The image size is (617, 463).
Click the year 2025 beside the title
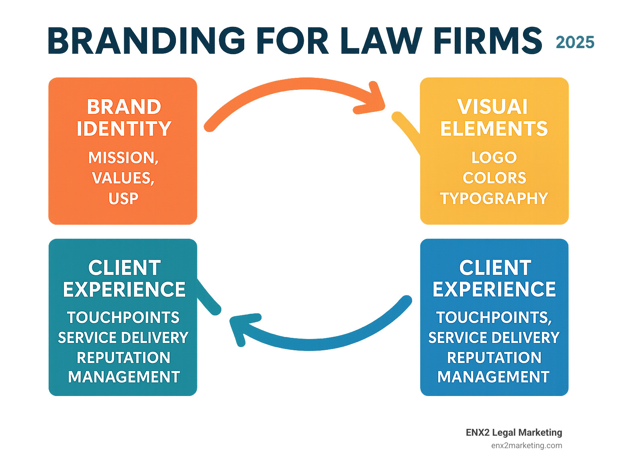click(x=575, y=43)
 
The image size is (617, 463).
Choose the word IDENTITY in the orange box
click(x=124, y=129)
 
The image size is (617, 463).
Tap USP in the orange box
click(x=123, y=199)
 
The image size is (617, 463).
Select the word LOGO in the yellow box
click(x=494, y=158)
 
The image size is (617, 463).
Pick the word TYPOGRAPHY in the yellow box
click(x=494, y=199)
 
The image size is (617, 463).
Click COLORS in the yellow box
click(x=494, y=178)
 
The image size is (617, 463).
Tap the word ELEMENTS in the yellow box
click(x=494, y=129)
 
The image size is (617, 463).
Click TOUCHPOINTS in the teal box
click(x=123, y=317)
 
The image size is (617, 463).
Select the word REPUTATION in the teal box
click(x=123, y=357)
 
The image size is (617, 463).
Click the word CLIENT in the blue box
click(x=495, y=268)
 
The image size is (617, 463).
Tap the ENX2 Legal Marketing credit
click(x=514, y=433)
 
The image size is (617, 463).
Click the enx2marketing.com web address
click(x=526, y=445)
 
